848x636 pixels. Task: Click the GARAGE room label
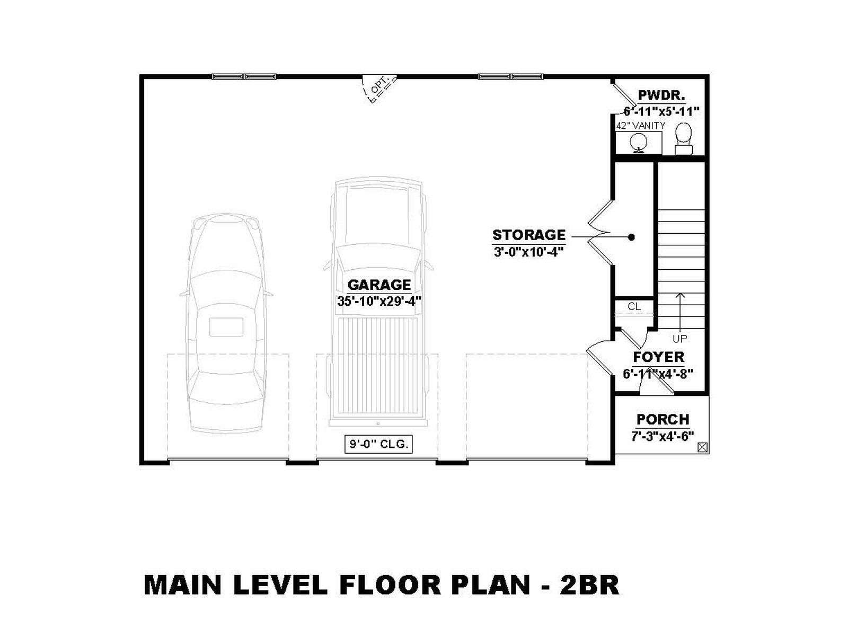(378, 285)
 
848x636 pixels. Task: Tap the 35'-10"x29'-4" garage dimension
(378, 301)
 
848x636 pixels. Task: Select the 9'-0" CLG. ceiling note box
(378, 444)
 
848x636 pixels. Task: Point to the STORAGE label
(528, 235)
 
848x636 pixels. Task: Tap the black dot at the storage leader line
(631, 237)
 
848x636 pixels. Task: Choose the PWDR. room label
(662, 95)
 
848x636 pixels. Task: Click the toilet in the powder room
(683, 139)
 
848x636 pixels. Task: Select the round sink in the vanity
(638, 142)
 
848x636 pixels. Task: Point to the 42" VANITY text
(641, 126)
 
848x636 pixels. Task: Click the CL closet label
(634, 307)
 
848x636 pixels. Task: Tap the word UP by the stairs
(680, 339)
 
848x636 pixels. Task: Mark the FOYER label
(658, 357)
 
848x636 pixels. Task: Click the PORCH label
(663, 419)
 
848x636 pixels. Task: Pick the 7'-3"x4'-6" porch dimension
(662, 436)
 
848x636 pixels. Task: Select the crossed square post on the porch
(702, 447)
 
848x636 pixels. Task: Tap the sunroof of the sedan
(226, 327)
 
